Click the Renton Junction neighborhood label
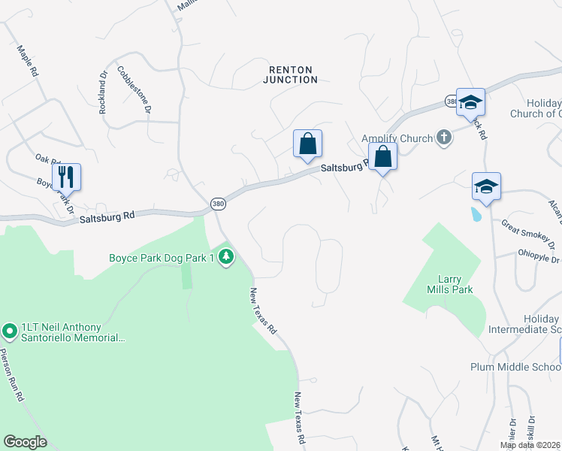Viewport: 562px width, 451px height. click(x=293, y=74)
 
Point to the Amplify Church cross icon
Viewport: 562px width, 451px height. click(x=444, y=138)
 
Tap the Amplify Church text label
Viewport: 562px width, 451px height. click(x=397, y=138)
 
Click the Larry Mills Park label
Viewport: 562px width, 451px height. click(x=448, y=283)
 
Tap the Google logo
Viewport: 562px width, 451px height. click(x=26, y=442)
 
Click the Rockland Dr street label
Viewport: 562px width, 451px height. click(x=104, y=92)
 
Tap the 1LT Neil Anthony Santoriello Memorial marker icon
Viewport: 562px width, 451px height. click(x=10, y=330)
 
